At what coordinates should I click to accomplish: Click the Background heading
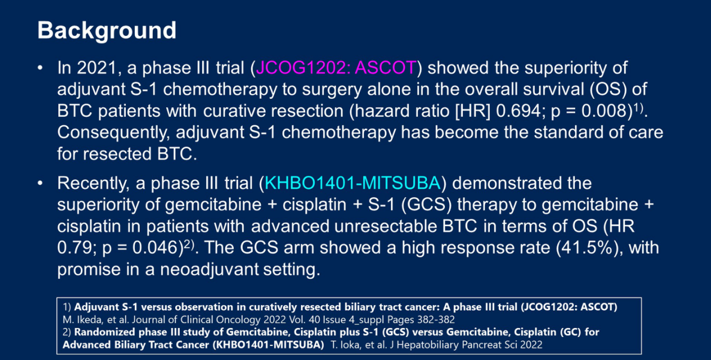(x=107, y=31)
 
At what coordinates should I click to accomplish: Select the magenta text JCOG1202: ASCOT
(x=336, y=68)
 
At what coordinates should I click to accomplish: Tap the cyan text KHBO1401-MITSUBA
(x=352, y=183)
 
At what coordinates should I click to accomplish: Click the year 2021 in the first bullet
(x=96, y=68)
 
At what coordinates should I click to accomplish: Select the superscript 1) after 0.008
(x=638, y=108)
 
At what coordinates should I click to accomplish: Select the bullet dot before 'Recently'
(x=40, y=183)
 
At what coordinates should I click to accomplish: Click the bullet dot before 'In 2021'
(x=40, y=68)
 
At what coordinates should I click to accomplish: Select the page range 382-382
(x=436, y=320)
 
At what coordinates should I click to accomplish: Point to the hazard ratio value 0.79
(x=74, y=247)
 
